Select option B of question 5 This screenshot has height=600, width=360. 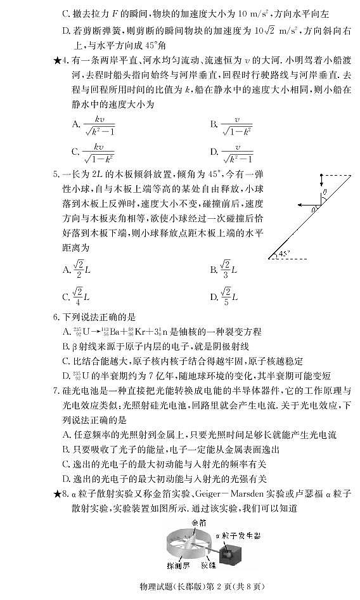pyautogui.click(x=228, y=270)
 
